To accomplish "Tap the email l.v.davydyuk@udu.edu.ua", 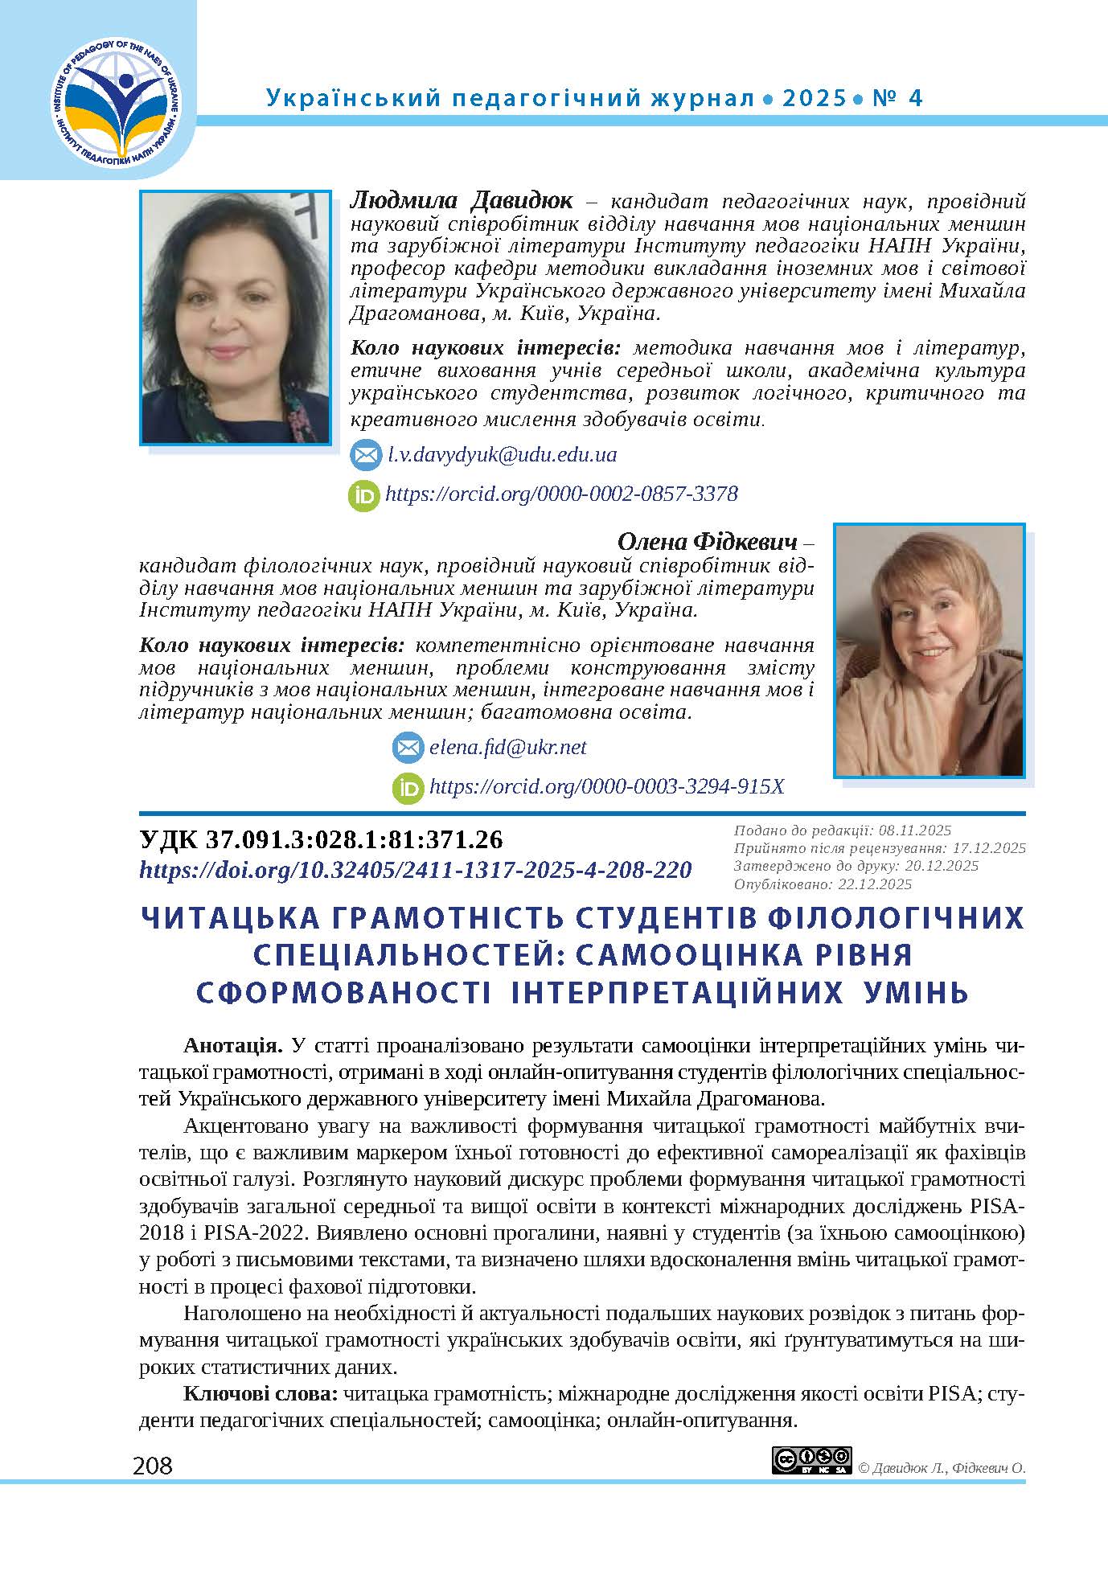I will [x=502, y=455].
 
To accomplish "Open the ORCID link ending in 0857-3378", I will [x=561, y=494].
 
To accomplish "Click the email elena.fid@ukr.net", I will [x=508, y=748].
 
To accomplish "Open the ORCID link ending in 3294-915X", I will [x=606, y=786].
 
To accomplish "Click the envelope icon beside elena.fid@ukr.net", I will [x=408, y=748].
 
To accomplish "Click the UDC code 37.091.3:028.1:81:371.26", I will [x=322, y=839].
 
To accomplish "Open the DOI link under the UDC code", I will [x=416, y=870].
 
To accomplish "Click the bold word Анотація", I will [x=232, y=1046].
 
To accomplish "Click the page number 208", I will [x=153, y=1466].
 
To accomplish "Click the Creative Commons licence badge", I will [x=810, y=1460].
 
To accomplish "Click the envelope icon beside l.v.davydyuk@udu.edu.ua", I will [x=365, y=456].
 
